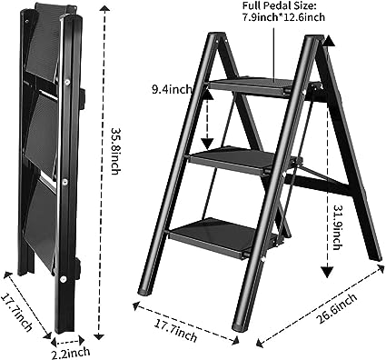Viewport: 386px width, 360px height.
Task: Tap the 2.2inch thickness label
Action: coord(70,353)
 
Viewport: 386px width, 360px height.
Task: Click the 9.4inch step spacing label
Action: coord(172,90)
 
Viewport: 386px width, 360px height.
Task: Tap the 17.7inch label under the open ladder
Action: coord(175,331)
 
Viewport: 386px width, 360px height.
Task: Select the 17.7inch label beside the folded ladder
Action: coord(17,313)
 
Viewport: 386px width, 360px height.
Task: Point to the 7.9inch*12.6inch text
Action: coord(282,17)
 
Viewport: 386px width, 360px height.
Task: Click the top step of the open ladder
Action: coord(250,86)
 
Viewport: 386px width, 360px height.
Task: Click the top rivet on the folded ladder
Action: coord(67,82)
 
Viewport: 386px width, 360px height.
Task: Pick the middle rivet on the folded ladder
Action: coord(64,182)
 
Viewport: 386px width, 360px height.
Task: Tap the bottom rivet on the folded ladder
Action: coord(63,279)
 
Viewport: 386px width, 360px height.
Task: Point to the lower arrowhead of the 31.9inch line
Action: coord(327,272)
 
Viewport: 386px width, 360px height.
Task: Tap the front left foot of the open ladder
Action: coord(144,292)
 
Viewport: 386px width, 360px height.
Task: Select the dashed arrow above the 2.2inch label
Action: coord(67,342)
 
